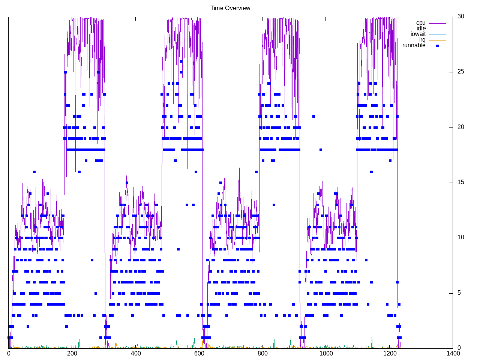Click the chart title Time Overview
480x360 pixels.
point(230,8)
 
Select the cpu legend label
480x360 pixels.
point(421,23)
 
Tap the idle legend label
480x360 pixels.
point(421,28)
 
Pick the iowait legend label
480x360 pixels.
point(418,34)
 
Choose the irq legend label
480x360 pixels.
point(422,40)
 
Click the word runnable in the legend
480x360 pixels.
point(414,45)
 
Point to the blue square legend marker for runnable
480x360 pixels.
point(437,46)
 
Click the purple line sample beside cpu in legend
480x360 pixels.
point(437,23)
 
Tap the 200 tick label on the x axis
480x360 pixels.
point(72,353)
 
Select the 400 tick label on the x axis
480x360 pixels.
point(136,353)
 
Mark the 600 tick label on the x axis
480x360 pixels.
point(199,353)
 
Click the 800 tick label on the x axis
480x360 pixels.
point(263,353)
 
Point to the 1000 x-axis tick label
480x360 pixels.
point(326,353)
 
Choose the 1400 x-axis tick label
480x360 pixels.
point(453,353)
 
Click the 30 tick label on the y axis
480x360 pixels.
point(461,16)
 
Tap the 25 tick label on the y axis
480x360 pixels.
point(461,72)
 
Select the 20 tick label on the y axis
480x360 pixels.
point(461,127)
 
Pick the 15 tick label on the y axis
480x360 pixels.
point(461,182)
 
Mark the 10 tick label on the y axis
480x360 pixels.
point(461,237)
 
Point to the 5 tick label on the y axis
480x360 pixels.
point(459,293)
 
